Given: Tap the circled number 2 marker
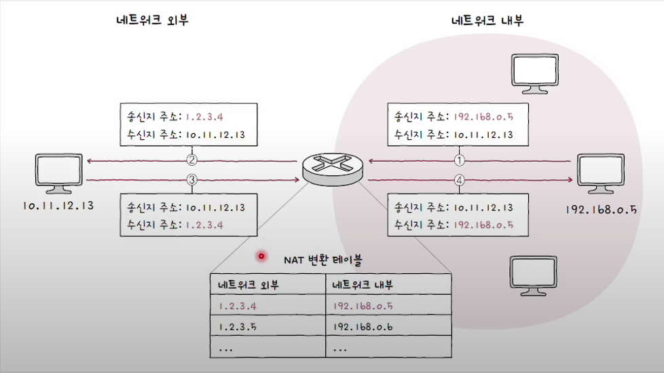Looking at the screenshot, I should click(x=192, y=162).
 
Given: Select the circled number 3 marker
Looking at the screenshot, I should click(x=192, y=180).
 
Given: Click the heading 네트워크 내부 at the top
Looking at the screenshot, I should click(x=487, y=20).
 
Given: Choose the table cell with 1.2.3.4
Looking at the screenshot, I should click(x=269, y=305).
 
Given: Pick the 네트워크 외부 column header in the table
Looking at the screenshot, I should click(x=269, y=284).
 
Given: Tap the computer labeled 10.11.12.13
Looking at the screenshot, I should click(x=58, y=174).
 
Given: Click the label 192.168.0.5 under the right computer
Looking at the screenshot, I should click(x=600, y=209).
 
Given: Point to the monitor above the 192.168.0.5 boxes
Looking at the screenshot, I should click(x=537, y=73).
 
